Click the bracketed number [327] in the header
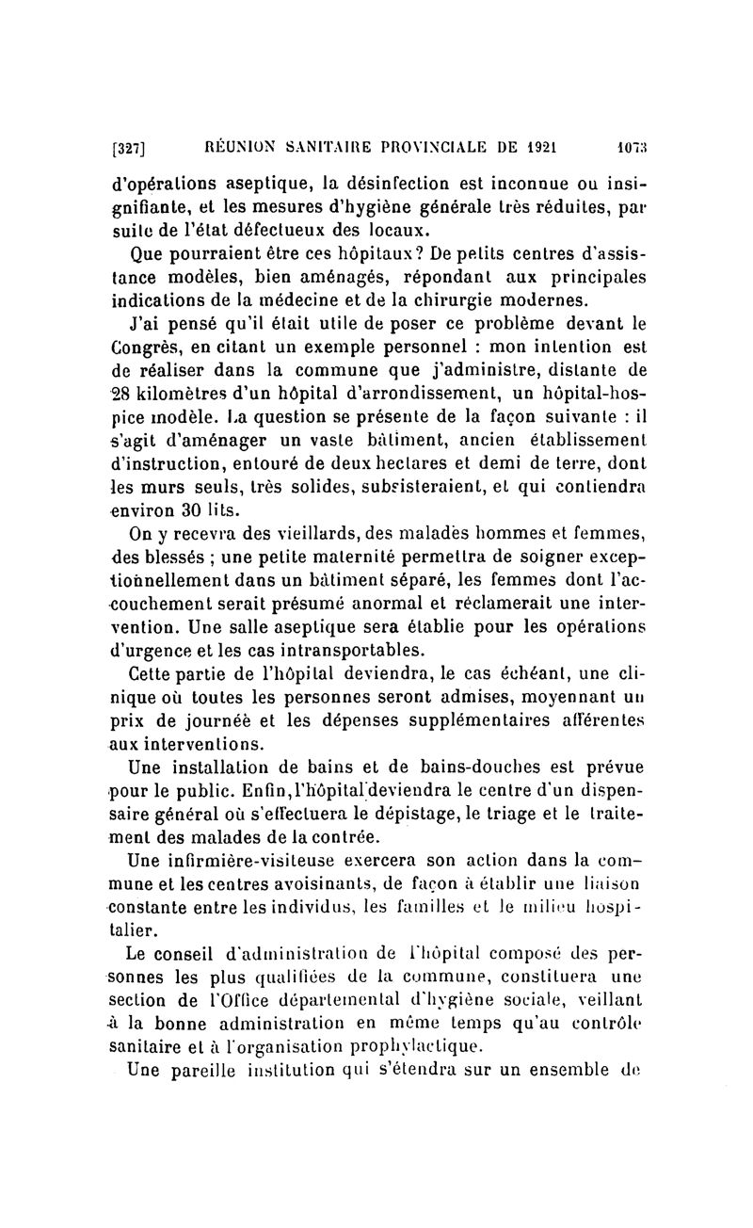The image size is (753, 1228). click(133, 147)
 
